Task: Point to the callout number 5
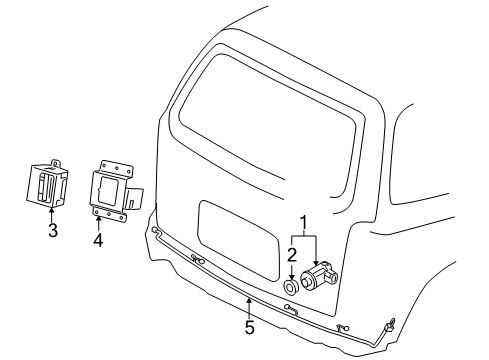pos(249,325)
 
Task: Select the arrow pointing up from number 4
pos(98,220)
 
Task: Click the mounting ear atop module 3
pos(60,160)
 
